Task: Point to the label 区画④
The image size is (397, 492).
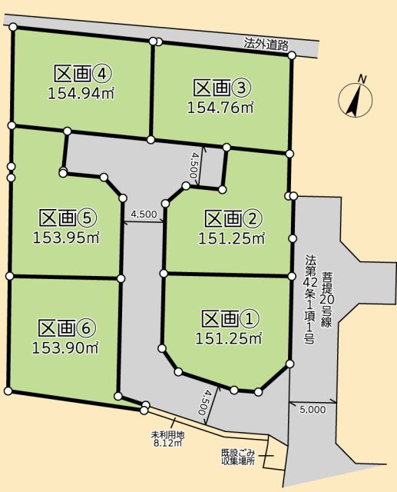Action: [x=83, y=75]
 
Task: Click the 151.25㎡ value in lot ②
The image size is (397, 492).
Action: [x=233, y=239]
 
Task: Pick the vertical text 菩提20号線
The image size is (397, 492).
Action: [x=327, y=300]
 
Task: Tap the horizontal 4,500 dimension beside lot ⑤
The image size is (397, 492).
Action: [x=144, y=214]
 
